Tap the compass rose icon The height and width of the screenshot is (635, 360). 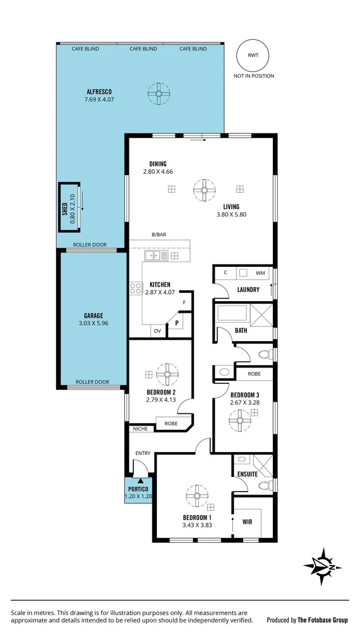pyautogui.click(x=322, y=566)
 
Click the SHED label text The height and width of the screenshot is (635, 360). pyautogui.click(x=65, y=208)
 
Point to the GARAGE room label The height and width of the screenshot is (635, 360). pyautogui.click(x=93, y=315)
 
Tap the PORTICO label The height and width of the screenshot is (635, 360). pyautogui.click(x=138, y=489)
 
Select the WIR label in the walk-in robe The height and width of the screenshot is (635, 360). pyautogui.click(x=247, y=521)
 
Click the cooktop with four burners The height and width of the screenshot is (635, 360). pyautogui.click(x=136, y=289)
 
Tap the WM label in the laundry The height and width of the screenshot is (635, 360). pyautogui.click(x=259, y=273)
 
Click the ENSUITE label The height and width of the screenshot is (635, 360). pyautogui.click(x=248, y=474)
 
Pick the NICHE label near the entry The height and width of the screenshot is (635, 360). pyautogui.click(x=140, y=429)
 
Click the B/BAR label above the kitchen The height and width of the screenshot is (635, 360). pyautogui.click(x=159, y=235)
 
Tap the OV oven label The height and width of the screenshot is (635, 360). pyautogui.click(x=157, y=332)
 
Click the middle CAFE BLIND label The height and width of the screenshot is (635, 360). pyautogui.click(x=143, y=49)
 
